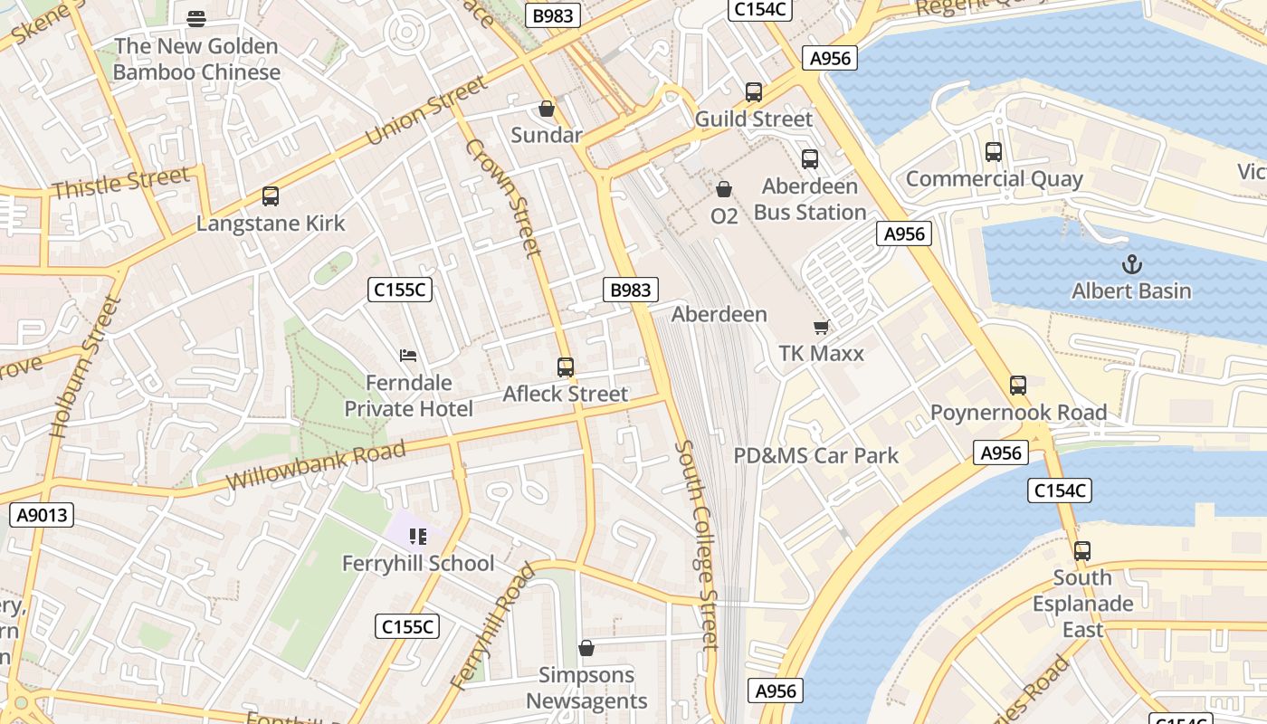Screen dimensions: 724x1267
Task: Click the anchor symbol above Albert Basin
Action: click(x=1131, y=264)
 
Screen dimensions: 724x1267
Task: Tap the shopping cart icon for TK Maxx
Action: click(x=821, y=327)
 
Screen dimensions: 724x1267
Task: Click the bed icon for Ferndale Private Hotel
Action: click(x=408, y=356)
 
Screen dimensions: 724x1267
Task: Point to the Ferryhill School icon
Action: click(x=417, y=537)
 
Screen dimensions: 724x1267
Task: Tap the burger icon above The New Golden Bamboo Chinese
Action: click(x=196, y=18)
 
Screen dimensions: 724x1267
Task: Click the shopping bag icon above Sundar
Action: click(x=547, y=109)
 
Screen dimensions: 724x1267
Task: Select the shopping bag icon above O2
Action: click(x=724, y=189)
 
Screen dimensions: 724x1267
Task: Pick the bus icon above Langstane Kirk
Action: click(x=271, y=195)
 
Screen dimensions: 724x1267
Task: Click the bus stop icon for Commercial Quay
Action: click(x=994, y=152)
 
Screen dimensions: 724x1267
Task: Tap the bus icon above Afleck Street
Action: click(x=566, y=367)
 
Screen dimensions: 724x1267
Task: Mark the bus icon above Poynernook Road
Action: click(x=1018, y=386)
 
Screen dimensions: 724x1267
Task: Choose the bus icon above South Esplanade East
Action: click(x=1082, y=550)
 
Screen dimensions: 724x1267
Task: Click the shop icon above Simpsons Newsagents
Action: click(x=586, y=648)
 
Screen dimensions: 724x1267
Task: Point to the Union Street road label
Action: click(x=426, y=111)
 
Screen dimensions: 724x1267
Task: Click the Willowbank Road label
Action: click(x=316, y=465)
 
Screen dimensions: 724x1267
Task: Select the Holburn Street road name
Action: click(x=86, y=367)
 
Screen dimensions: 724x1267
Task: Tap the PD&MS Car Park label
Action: click(x=815, y=455)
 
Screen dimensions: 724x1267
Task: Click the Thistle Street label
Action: click(x=120, y=184)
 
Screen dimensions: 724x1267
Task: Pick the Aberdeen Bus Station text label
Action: click(x=810, y=199)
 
